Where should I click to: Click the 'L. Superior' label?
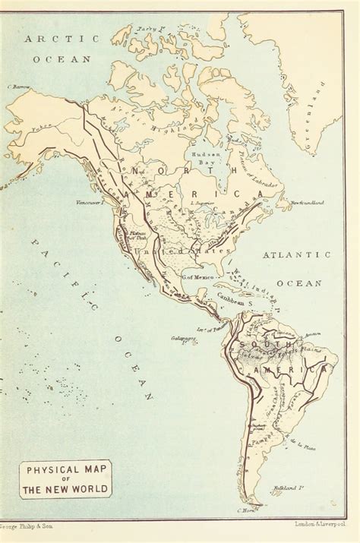pyautogui.click(x=203, y=204)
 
